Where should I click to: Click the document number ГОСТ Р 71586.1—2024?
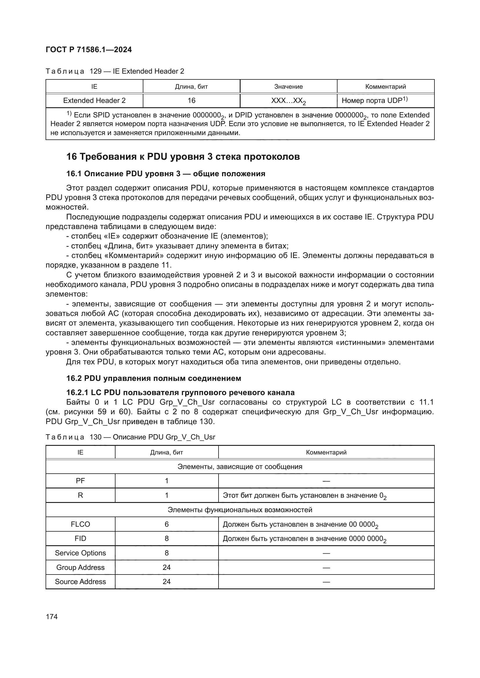(89, 50)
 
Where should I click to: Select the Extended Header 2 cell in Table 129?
(94, 101)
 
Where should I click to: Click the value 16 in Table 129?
(192, 101)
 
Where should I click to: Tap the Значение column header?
(288, 86)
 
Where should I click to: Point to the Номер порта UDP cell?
(374, 101)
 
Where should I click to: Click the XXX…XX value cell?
(288, 101)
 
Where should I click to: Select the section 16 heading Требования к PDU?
(183, 157)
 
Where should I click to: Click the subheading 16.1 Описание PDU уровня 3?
(165, 174)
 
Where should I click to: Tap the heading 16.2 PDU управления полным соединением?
(154, 378)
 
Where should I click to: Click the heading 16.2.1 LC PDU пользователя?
(180, 392)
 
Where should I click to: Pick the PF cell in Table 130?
(80, 481)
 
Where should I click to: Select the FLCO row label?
(80, 524)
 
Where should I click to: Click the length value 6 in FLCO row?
(167, 524)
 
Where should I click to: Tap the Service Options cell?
(80, 553)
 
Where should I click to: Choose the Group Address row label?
(80, 567)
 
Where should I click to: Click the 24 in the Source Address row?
(167, 581)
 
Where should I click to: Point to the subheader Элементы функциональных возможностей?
(240, 510)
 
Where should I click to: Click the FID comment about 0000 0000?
(304, 539)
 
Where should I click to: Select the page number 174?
(52, 617)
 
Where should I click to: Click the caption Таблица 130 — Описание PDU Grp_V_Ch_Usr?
(130, 437)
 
